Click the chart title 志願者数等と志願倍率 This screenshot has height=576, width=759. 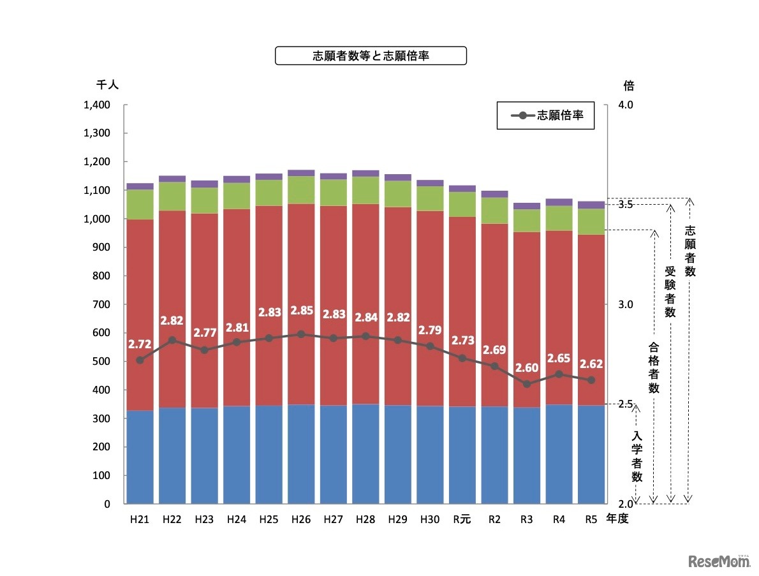370,56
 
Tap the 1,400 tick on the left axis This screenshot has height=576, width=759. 97,105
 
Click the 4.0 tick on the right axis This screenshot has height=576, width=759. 626,105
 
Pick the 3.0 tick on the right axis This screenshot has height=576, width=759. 626,304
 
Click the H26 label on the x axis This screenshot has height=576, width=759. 301,520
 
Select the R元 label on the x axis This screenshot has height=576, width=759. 462,520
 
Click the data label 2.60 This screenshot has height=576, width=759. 527,367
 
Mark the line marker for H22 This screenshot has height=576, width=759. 172,340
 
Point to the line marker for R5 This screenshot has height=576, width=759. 591,380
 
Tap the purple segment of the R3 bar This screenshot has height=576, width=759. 527,206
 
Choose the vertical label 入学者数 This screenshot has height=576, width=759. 637,455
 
